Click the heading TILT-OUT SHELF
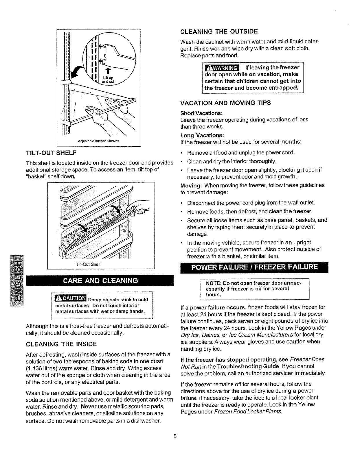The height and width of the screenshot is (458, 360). [x=51, y=152]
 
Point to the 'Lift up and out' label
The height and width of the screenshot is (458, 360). [x=111, y=80]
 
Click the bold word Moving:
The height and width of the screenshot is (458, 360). [x=189, y=185]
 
